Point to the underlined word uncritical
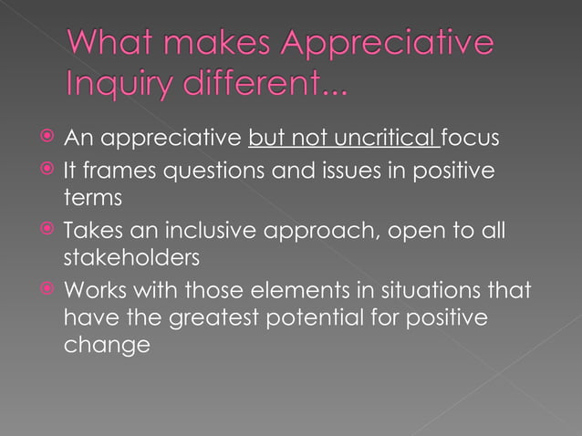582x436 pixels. click(x=377, y=140)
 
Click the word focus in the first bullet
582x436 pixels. click(x=472, y=140)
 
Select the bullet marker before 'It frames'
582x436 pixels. click(x=46, y=170)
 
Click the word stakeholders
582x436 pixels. click(x=130, y=258)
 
